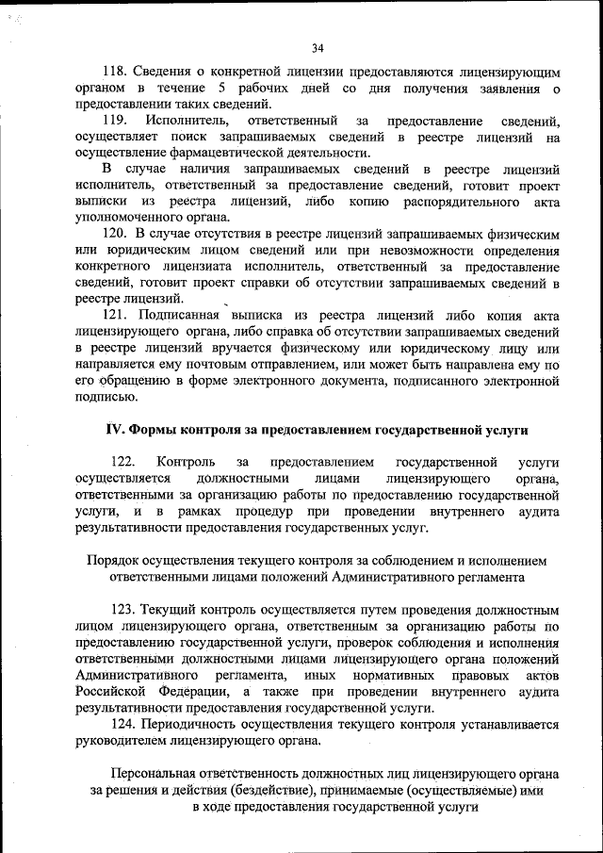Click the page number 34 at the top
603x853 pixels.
pos(318,48)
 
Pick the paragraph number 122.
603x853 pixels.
pos(123,462)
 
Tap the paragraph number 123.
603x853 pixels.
pos(124,610)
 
